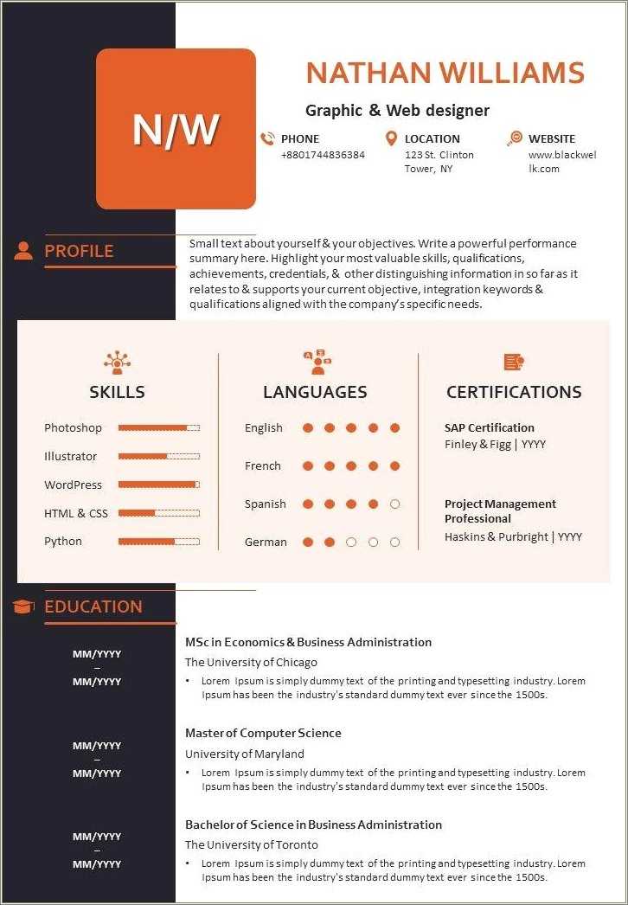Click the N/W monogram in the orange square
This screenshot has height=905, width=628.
[176, 129]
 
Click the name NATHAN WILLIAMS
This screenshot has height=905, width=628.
[445, 73]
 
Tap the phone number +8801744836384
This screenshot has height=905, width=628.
[323, 155]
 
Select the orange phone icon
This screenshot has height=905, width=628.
[267, 138]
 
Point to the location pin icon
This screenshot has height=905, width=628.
[391, 138]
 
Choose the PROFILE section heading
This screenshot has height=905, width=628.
[79, 251]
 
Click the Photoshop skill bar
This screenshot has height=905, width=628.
[158, 428]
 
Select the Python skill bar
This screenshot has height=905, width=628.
[158, 542]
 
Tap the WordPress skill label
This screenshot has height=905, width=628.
[73, 485]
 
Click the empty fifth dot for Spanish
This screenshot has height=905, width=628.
[395, 504]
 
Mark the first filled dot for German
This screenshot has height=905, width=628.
[307, 542]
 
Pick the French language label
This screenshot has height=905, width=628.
[263, 466]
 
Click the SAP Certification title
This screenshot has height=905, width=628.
[489, 427]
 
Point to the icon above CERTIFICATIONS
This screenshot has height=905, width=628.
[513, 363]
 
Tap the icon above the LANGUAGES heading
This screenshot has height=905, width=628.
[317, 362]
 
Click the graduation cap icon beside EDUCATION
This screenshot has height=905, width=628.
[23, 607]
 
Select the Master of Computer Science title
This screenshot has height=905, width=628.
[263, 733]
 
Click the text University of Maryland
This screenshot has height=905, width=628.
[245, 754]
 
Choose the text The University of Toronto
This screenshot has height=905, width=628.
[252, 844]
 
